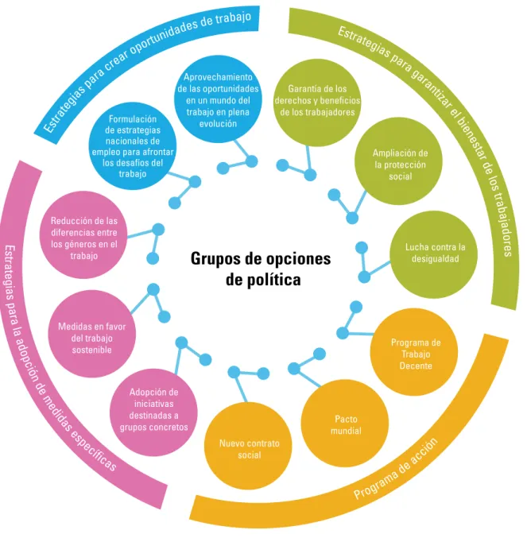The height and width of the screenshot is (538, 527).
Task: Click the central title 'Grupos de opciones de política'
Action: [261, 269]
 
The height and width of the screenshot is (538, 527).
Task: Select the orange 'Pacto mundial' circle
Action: [345, 423]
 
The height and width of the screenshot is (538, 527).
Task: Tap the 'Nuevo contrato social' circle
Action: [248, 446]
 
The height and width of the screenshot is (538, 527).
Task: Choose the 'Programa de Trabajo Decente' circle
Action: [414, 352]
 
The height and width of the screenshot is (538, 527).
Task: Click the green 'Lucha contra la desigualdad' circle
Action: [434, 254]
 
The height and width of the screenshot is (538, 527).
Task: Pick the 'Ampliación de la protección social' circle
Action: [398, 161]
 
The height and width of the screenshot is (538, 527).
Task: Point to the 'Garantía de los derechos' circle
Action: [317, 103]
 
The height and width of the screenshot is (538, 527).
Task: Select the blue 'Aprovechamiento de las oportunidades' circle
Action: [219, 99]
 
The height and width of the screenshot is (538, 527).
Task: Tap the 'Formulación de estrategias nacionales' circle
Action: [133, 145]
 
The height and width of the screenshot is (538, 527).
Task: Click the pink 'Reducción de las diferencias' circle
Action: [83, 234]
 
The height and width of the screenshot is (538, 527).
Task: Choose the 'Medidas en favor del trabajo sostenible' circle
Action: [92, 334]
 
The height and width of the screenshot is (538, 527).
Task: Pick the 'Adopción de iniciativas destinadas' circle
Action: [153, 412]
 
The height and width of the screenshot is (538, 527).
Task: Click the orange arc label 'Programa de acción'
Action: [396, 468]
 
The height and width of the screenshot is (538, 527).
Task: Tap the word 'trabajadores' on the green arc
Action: [502, 226]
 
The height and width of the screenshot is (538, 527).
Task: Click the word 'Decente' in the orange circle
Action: [416, 366]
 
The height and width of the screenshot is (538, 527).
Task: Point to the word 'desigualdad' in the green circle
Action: [435, 259]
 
